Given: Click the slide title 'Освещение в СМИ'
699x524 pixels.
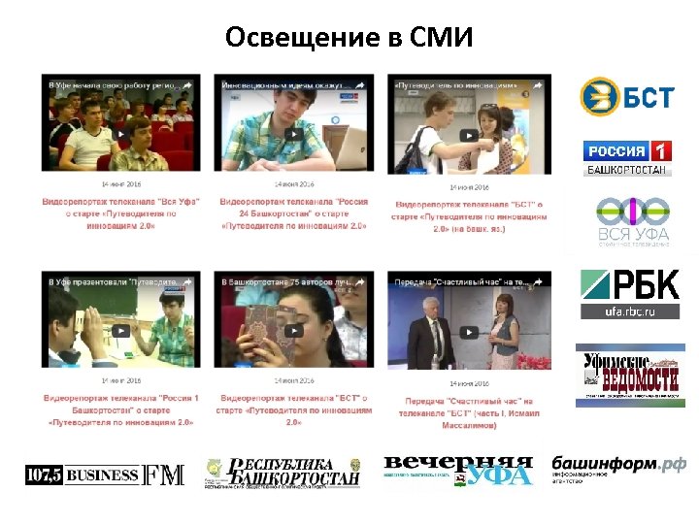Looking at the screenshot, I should click(x=349, y=38).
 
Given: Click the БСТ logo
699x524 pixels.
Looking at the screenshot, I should click(x=626, y=96).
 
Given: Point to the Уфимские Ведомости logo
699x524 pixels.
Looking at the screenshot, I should click(x=630, y=373).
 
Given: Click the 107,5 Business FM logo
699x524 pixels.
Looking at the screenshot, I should click(x=104, y=475).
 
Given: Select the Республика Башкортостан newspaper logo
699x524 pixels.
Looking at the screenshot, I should click(x=282, y=473).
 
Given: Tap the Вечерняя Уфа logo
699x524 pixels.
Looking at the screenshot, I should click(x=457, y=471).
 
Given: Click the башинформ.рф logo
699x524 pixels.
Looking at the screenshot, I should click(x=618, y=469).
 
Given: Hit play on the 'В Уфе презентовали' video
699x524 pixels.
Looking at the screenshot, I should click(x=120, y=330).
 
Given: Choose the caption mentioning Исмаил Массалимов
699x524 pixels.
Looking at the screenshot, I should click(x=469, y=412).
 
